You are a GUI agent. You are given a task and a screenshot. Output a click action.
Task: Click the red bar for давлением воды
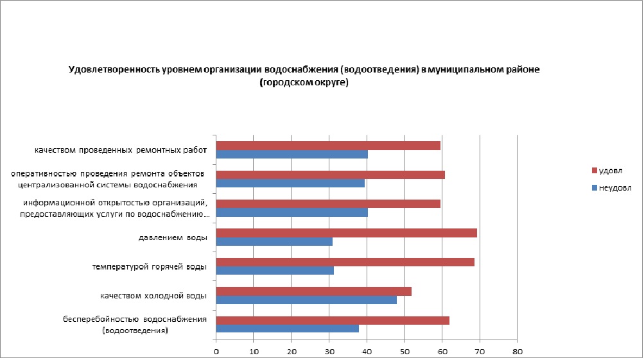click(347, 233)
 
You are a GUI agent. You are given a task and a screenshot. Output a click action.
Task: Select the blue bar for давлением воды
click(274, 242)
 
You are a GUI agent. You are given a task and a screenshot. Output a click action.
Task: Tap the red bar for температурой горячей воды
click(345, 262)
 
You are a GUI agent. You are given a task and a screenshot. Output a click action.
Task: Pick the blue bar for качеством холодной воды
click(306, 300)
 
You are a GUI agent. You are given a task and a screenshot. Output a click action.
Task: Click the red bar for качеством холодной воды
click(314, 291)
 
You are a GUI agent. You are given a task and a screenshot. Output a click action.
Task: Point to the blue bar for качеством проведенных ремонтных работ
click(292, 154)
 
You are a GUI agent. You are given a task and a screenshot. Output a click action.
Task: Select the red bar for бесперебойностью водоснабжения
click(333, 320)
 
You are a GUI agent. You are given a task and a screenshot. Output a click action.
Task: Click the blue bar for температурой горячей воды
click(275, 271)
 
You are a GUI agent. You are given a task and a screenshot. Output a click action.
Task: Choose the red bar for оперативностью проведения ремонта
click(331, 175)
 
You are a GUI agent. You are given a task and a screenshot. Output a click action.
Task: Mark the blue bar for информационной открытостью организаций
click(292, 212)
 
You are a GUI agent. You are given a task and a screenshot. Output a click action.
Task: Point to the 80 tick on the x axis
click(518, 351)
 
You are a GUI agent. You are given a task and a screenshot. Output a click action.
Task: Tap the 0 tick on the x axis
click(216, 351)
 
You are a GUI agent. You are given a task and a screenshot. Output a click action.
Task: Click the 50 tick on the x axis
click(405, 351)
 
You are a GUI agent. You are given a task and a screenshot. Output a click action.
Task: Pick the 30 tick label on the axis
click(329, 351)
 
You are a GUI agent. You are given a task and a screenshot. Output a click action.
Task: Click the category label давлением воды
click(173, 238)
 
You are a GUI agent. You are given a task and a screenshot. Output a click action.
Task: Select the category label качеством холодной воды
click(153, 296)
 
